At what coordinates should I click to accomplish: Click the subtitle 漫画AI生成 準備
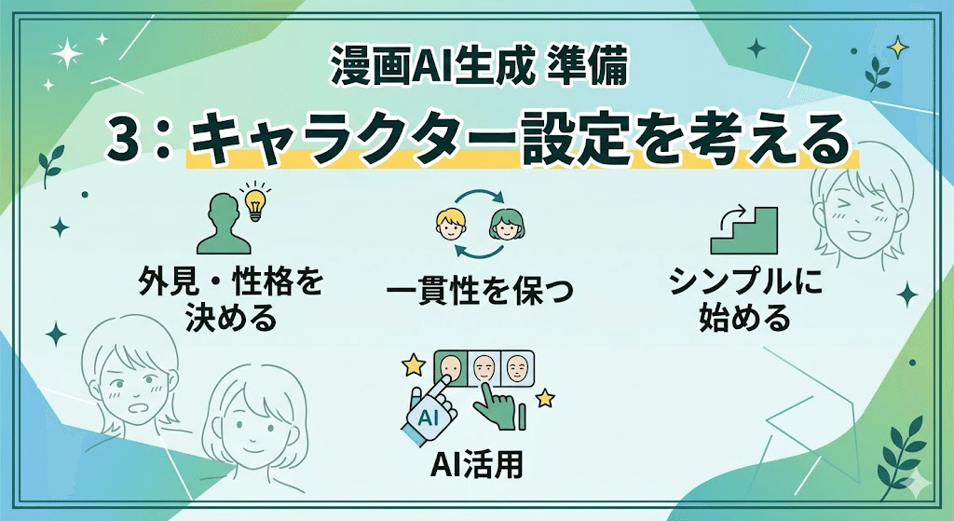coord(476,66)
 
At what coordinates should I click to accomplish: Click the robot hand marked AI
coord(429,410)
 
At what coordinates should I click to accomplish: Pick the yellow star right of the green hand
coord(545,399)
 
